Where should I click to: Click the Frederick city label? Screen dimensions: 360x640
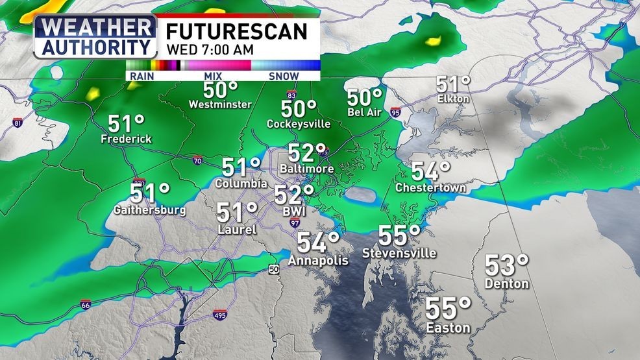(x=126, y=139)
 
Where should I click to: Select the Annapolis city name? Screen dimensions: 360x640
(x=318, y=260)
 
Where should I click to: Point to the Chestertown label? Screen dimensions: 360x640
(x=430, y=188)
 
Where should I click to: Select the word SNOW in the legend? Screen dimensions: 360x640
(x=283, y=76)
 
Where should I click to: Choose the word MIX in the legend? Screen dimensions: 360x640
(x=212, y=76)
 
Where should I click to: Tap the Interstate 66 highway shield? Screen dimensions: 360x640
(x=86, y=304)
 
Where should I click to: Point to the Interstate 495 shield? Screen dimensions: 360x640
(x=220, y=315)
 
